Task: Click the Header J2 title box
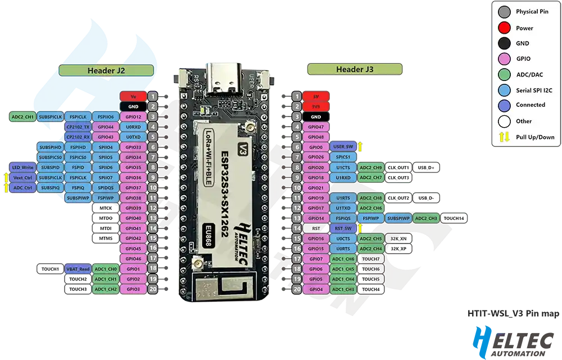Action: point(106,70)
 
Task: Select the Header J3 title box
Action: point(354,69)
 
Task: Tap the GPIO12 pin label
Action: point(133,116)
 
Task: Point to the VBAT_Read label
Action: point(78,269)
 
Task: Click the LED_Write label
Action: point(23,167)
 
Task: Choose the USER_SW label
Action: point(343,147)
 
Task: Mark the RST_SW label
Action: point(343,228)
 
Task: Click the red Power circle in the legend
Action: point(504,28)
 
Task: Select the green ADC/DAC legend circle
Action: point(504,74)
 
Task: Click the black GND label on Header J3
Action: point(316,116)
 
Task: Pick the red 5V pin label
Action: point(316,96)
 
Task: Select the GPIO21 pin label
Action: point(316,187)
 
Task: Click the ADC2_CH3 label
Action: point(426,218)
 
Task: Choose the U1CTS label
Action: point(343,167)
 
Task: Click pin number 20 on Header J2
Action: point(152,289)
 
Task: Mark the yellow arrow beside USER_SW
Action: point(361,147)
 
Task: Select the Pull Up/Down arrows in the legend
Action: point(504,137)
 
